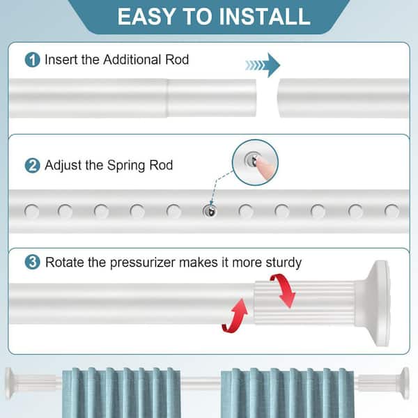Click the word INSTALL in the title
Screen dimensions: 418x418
click(265, 17)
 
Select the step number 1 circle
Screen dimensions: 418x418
click(32, 59)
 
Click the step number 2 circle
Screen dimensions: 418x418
click(32, 165)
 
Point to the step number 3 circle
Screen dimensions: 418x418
click(32, 262)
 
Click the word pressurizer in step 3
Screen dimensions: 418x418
click(142, 263)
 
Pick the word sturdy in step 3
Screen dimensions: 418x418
click(284, 263)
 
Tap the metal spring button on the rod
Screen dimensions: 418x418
click(210, 211)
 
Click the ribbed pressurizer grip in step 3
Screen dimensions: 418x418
click(304, 302)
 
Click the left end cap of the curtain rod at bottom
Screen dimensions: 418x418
click(9, 383)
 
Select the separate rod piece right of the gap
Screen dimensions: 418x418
click(343, 98)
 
